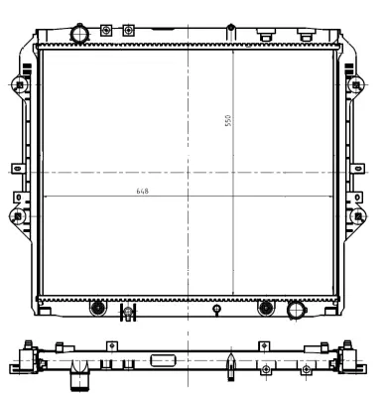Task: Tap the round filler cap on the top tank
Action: pos(79,33)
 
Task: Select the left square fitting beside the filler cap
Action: pos(107,31)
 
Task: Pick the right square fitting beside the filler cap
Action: pos(128,31)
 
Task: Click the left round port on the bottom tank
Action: pos(97,308)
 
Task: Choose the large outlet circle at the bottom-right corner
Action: pos(295,312)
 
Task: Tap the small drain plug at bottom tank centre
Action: pos(215,310)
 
